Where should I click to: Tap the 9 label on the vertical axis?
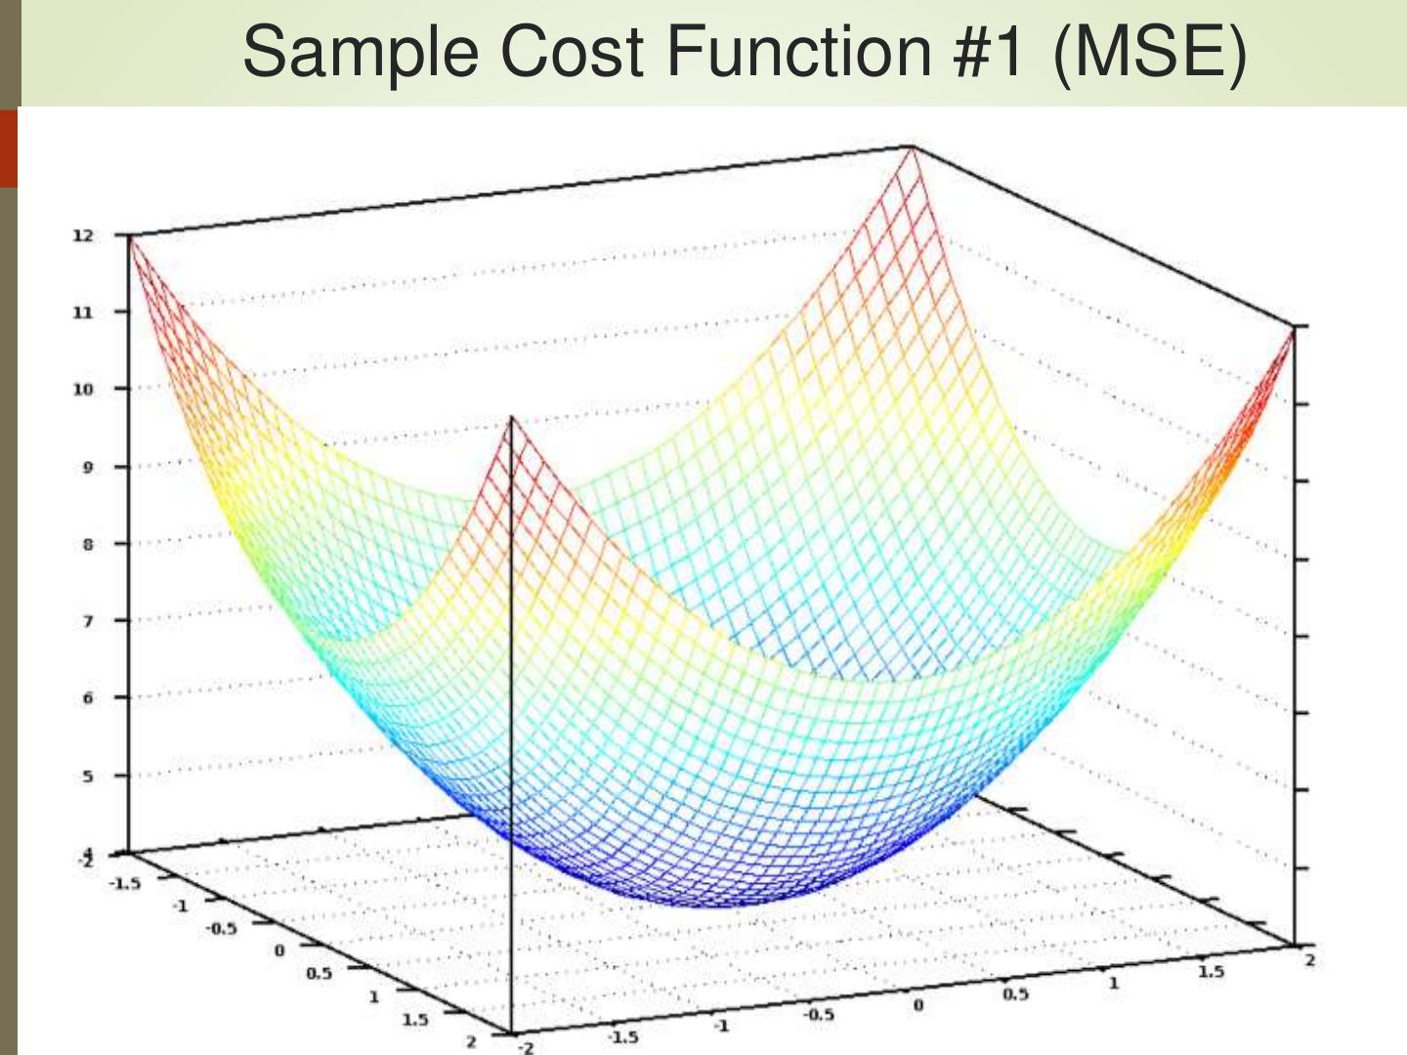click(87, 467)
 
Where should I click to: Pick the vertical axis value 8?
click(87, 544)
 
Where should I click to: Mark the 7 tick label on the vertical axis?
click(87, 621)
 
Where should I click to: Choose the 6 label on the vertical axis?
click(87, 697)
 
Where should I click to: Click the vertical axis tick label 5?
click(87, 776)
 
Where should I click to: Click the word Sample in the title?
click(361, 53)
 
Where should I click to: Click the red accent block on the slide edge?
click(9, 148)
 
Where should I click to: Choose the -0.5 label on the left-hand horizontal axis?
click(221, 928)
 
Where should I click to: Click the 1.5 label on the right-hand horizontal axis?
click(1211, 971)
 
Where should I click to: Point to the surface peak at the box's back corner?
click(912, 148)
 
